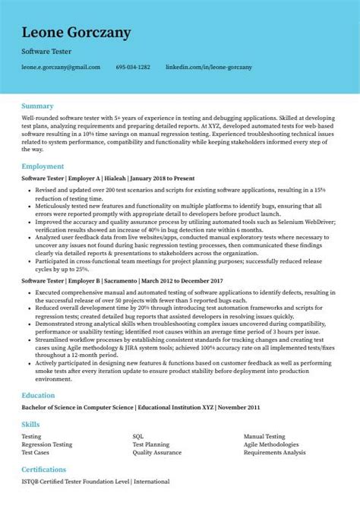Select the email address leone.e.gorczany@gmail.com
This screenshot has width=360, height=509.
point(62,67)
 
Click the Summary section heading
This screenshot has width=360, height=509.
point(37,106)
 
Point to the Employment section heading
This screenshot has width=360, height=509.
point(44,165)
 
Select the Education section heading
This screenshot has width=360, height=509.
point(38,395)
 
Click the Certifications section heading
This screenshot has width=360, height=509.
point(44,469)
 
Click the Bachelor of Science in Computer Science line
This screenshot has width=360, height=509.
point(128,408)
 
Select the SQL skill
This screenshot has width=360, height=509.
point(138,437)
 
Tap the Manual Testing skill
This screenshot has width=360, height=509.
point(264,437)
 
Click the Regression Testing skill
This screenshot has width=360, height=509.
point(47,444)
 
